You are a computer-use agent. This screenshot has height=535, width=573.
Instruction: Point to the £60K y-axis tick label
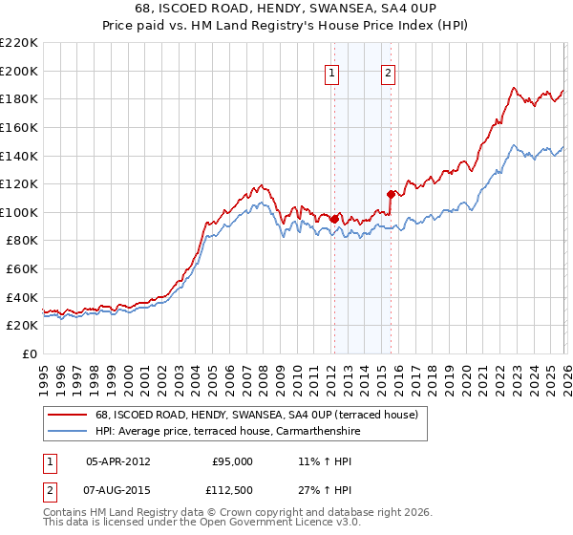pyautogui.click(x=22, y=269)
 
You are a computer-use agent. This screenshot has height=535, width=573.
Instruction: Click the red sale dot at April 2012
pyautogui.click(x=334, y=219)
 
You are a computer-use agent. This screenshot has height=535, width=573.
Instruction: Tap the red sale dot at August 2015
pyautogui.click(x=391, y=194)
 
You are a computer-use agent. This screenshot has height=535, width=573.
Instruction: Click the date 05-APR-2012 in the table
pyautogui.click(x=118, y=460)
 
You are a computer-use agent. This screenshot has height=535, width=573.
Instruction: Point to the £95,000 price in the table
pyautogui.click(x=231, y=460)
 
